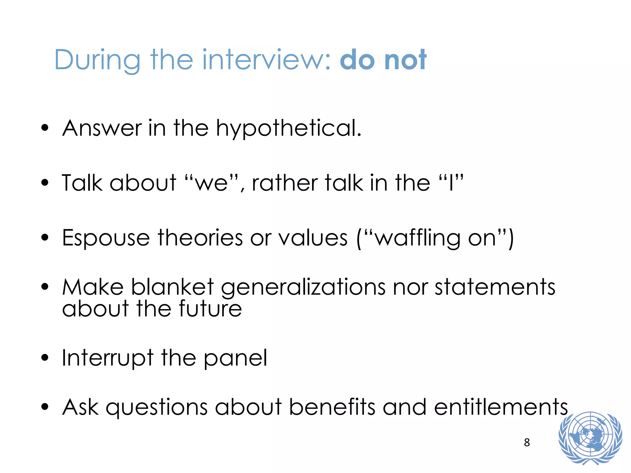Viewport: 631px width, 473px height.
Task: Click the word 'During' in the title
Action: (97, 60)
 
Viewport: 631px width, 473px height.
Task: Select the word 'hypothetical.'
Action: (289, 128)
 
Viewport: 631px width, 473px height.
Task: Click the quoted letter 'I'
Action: (451, 183)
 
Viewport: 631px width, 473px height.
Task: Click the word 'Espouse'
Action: (106, 238)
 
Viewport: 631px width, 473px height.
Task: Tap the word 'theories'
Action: (200, 238)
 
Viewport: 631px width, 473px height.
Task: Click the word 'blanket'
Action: (173, 287)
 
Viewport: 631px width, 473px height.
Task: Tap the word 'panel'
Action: (235, 358)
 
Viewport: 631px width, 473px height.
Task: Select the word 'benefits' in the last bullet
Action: (332, 407)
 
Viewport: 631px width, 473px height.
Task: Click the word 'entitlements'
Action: (501, 407)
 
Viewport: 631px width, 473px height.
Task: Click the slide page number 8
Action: (527, 443)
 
